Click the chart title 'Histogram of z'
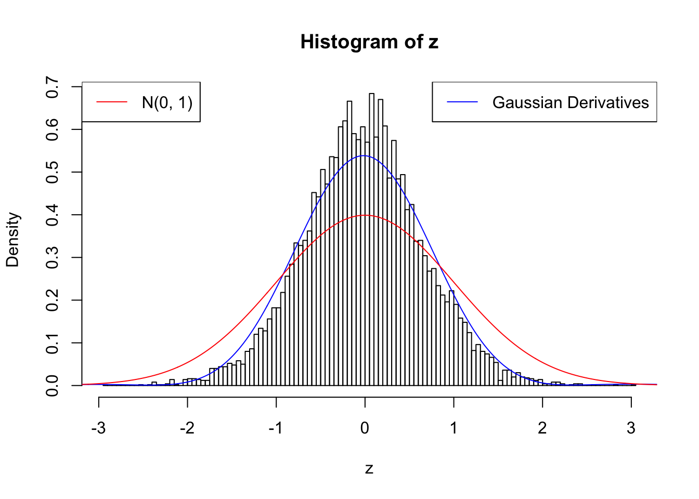pyautogui.click(x=369, y=42)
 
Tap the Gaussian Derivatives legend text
pyautogui.click(x=570, y=102)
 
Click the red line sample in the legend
pyautogui.click(x=112, y=102)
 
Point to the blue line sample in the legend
pyautogui.click(x=462, y=102)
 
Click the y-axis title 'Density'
pyautogui.click(x=12, y=240)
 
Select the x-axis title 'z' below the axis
pyautogui.click(x=369, y=469)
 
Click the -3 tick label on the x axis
pyautogui.click(x=98, y=428)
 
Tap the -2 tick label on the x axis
pyautogui.click(x=187, y=428)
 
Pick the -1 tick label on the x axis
pyautogui.click(x=276, y=428)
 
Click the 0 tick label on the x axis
pyautogui.click(x=365, y=428)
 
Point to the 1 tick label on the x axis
pyautogui.click(x=454, y=428)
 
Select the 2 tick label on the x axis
pyautogui.click(x=542, y=428)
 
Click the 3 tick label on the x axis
pyautogui.click(x=631, y=428)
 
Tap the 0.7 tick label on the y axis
pyautogui.click(x=52, y=87)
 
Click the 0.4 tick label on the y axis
pyautogui.click(x=52, y=215)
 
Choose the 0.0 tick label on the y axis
pyautogui.click(x=52, y=385)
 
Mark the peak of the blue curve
pyautogui.click(x=364, y=155)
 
